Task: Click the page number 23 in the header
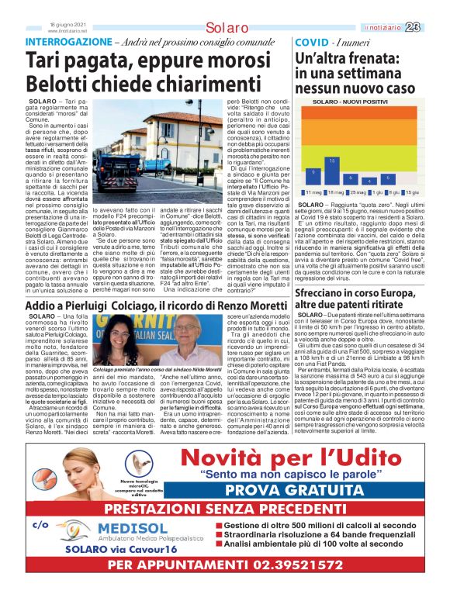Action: pyautogui.click(x=434, y=26)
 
